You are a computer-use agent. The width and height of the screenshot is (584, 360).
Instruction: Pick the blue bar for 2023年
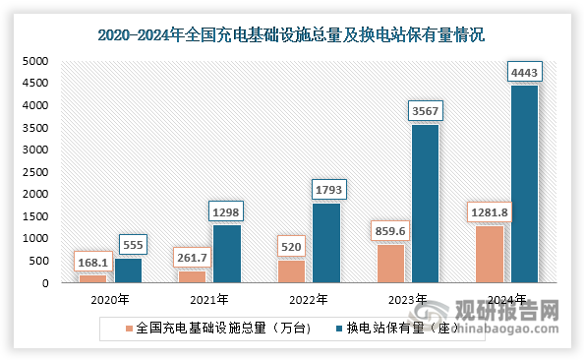click(425, 204)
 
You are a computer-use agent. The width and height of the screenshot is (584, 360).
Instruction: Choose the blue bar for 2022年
click(326, 243)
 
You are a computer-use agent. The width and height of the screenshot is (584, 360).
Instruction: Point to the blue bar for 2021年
click(226, 254)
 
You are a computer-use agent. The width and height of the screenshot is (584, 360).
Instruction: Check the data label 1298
click(226, 211)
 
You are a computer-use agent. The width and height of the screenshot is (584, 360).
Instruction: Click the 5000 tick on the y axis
click(34, 61)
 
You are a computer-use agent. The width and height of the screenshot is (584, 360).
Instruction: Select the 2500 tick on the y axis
click(34, 172)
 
